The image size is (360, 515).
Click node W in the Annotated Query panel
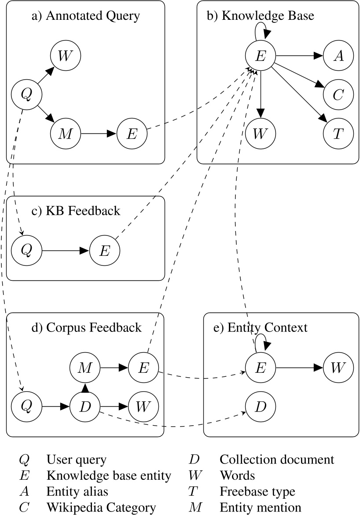(x=65, y=56)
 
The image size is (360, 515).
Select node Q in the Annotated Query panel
(x=27, y=95)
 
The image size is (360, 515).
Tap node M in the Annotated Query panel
(x=65, y=133)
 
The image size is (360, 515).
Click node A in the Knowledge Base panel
(x=338, y=56)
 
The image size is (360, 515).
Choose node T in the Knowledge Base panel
(x=338, y=133)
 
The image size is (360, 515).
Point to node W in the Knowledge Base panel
(x=261, y=133)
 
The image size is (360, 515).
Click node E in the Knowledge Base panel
(x=261, y=56)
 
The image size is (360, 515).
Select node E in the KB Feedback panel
(x=104, y=251)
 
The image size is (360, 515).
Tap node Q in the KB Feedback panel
(x=27, y=251)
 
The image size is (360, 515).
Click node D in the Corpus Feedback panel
(x=85, y=406)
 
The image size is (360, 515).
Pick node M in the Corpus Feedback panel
(x=85, y=368)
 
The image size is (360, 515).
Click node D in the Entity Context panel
(x=261, y=406)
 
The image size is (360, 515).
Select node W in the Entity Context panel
(x=338, y=368)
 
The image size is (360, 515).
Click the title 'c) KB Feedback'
(x=82, y=211)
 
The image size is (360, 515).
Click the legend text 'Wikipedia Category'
(x=101, y=508)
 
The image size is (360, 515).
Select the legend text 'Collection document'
(x=277, y=460)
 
